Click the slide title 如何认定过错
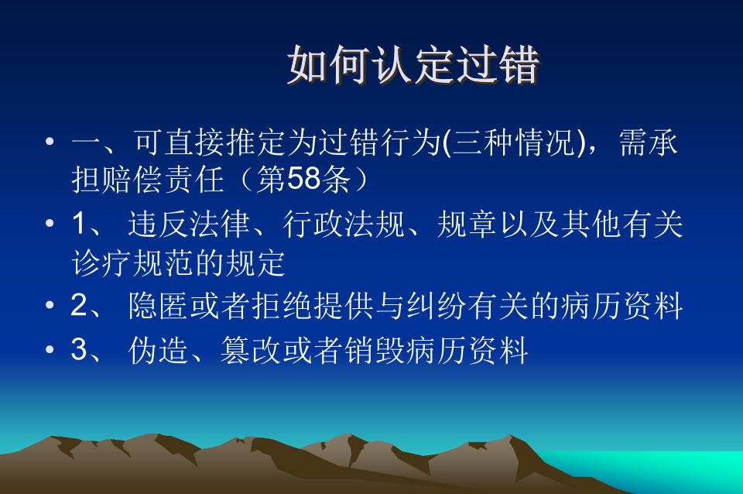[413, 65]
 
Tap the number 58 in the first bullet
[303, 179]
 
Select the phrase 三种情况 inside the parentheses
[514, 142]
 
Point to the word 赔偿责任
[163, 179]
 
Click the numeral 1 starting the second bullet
[79, 223]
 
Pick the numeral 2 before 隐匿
[79, 305]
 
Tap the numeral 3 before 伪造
[79, 348]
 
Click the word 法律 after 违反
[219, 224]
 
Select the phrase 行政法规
[344, 224]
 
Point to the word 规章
[467, 224]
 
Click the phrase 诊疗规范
[132, 262]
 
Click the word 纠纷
[437, 306]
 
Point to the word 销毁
[375, 350]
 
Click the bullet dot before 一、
[50, 141]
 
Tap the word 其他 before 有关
[591, 224]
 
